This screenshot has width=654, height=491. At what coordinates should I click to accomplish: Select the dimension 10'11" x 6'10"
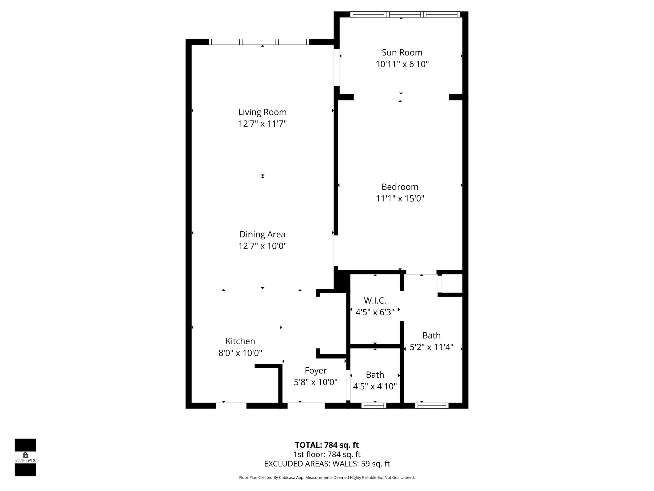tap(402, 64)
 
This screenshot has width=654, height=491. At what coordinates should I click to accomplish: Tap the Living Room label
tap(262, 112)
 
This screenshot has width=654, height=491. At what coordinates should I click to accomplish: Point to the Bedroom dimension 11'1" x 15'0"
tap(400, 198)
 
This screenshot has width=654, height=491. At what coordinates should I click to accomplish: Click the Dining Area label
tap(262, 234)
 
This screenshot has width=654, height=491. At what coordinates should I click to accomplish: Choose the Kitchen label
tap(240, 341)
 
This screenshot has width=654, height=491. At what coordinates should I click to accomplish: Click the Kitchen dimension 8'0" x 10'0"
tap(240, 353)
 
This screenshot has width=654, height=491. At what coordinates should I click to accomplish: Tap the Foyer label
tap(315, 371)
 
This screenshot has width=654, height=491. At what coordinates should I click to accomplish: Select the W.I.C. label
tap(375, 301)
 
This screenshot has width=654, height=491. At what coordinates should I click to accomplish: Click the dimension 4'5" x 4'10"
tap(375, 386)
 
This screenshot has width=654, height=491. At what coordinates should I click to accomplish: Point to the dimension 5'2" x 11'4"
tap(431, 347)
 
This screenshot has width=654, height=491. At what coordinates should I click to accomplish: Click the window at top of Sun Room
tap(405, 14)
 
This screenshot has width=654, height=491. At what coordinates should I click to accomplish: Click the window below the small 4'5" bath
tap(374, 406)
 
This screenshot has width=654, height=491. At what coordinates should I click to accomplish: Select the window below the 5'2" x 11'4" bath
tap(432, 406)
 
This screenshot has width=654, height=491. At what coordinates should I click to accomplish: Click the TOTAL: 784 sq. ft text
tap(327, 445)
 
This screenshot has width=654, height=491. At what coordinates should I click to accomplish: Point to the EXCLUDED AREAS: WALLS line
tap(327, 464)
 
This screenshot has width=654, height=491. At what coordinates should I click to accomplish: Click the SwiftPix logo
tap(25, 457)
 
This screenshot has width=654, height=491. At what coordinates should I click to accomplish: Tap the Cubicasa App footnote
tap(327, 477)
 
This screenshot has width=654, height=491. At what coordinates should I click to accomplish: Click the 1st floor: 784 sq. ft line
tap(327, 454)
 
